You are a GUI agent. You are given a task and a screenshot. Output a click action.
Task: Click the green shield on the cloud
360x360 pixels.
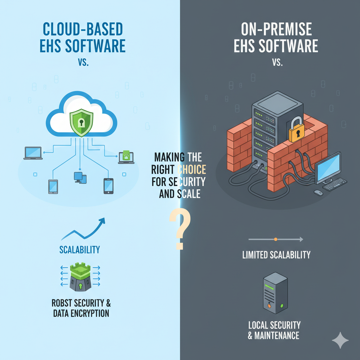(82, 123)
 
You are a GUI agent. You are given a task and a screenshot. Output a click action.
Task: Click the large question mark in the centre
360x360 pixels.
(180, 229)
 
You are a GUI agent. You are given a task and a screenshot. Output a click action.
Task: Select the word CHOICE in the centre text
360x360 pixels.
(191, 170)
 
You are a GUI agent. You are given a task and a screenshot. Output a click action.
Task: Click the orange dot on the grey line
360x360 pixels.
(275, 239)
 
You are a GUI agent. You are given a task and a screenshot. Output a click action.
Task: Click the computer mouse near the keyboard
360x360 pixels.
(318, 192)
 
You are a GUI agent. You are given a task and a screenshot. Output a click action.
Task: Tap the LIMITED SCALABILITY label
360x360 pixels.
(276, 255)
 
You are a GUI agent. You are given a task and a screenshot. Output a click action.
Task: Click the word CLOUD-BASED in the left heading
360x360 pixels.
(83, 30)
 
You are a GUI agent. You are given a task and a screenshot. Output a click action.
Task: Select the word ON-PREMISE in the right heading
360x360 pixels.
(276, 30)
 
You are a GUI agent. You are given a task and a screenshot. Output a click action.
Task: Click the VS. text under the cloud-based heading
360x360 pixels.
(83, 63)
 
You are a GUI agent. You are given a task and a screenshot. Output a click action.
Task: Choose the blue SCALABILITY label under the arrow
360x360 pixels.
(79, 250)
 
